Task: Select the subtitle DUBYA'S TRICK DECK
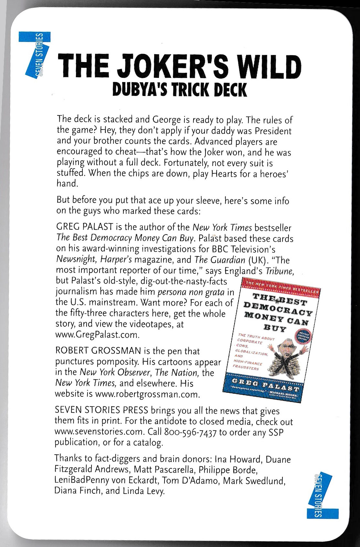179,89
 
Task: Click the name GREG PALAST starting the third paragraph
84,227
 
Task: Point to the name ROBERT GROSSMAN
98,351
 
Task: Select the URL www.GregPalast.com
97,334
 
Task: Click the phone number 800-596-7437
190,432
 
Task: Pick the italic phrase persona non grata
191,292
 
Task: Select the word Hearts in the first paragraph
224,174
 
